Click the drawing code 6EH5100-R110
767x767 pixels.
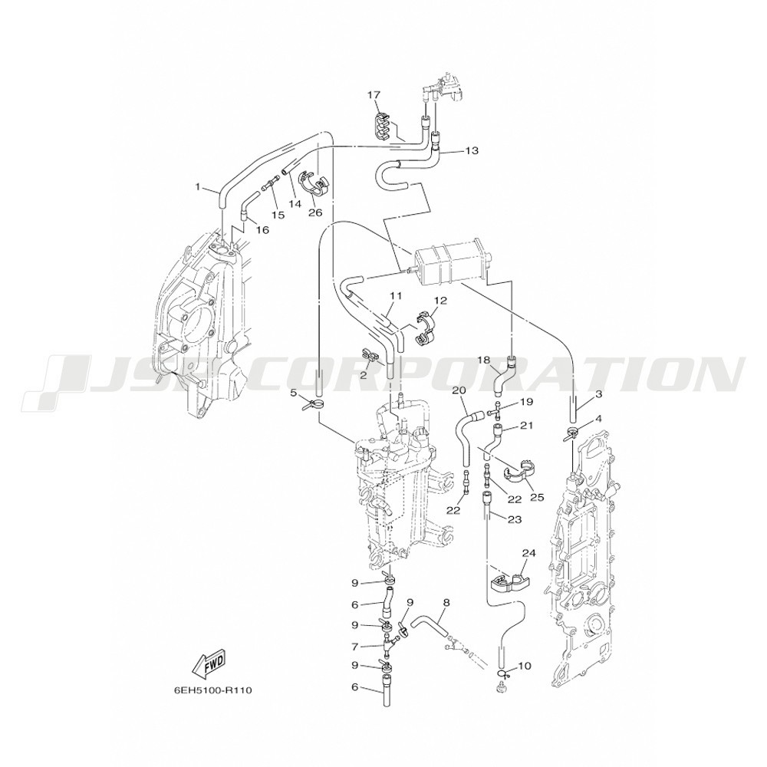click(212, 691)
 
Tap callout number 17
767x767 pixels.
click(374, 95)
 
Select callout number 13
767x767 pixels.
click(471, 150)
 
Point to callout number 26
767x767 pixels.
click(315, 212)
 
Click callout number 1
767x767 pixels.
click(198, 186)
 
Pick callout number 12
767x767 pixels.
click(439, 300)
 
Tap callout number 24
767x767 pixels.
click(528, 553)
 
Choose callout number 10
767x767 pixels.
click(524, 666)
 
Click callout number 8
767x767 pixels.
click(446, 603)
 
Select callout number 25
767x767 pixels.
click(537, 498)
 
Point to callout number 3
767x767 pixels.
click(599, 393)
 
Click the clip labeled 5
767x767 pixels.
click(313, 403)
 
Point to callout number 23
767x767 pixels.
click(515, 519)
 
